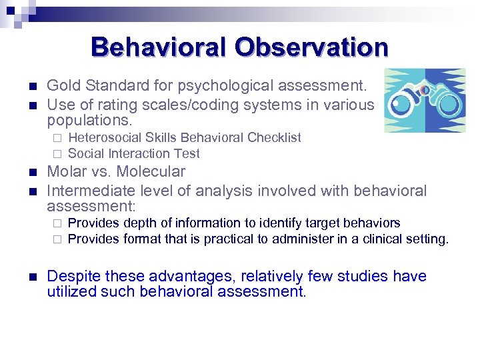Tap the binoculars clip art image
tap(425, 100)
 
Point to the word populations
tap(89, 121)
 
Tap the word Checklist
tap(274, 137)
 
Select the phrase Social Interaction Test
tap(134, 153)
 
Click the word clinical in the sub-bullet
tap(386, 239)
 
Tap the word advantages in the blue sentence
tap(187, 276)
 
